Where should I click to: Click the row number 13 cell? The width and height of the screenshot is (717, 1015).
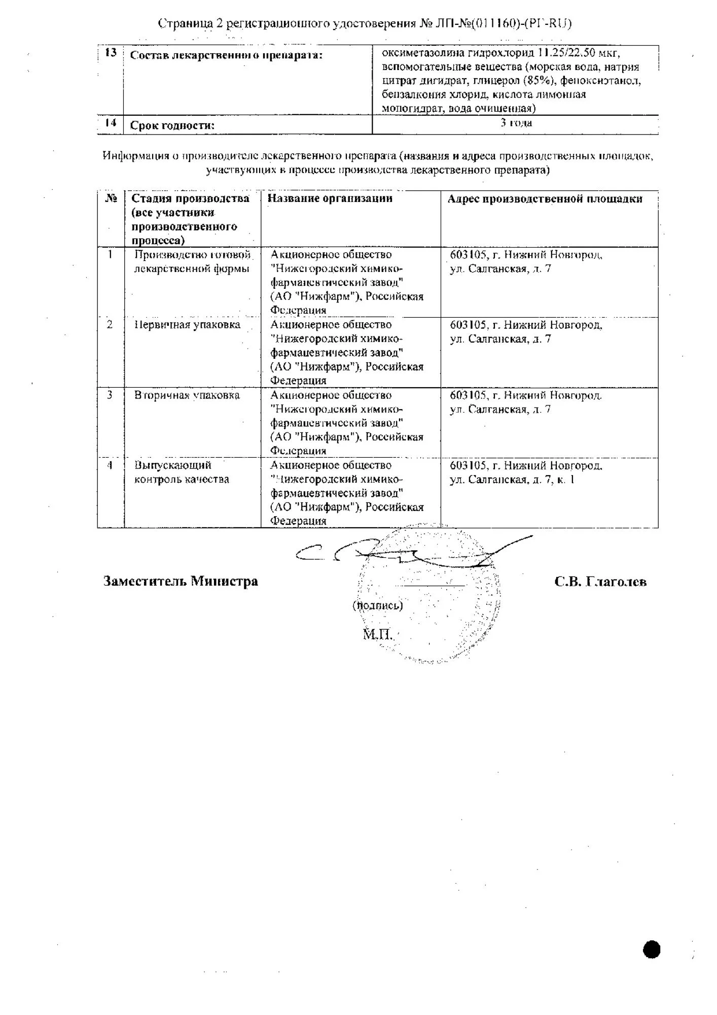111,53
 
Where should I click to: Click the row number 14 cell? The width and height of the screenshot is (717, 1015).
111,123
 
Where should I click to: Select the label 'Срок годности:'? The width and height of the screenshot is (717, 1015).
172,126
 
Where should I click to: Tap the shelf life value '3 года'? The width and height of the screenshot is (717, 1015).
516,123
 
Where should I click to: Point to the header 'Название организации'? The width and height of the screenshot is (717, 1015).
330,198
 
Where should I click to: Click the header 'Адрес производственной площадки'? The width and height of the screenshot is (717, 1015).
545,199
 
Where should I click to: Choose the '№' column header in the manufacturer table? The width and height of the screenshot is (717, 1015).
111,198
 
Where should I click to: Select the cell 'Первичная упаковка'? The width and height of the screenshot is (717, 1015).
187,325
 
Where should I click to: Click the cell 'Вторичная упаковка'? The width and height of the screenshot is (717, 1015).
187,395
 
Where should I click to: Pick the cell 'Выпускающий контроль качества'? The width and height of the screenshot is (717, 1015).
182,472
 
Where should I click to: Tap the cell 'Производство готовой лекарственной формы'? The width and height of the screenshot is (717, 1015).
192,262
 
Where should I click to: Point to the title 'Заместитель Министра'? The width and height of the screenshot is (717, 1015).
181,582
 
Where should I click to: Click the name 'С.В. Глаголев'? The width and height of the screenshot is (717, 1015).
600,582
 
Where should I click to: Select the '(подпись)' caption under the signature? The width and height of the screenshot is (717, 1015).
378,605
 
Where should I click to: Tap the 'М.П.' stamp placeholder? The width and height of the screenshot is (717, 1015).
378,634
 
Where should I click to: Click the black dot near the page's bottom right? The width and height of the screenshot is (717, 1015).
652,949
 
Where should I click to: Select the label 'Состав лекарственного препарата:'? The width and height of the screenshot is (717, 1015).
226,55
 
